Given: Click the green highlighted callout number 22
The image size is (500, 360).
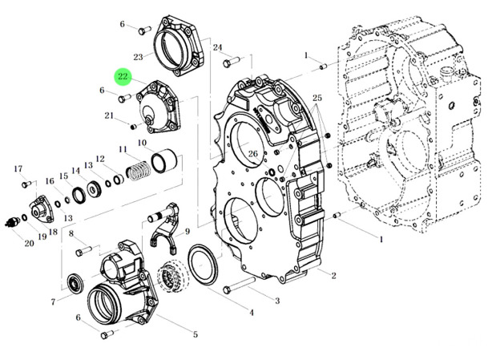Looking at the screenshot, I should click(123, 76).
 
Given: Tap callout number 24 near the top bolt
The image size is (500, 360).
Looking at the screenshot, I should click(217, 48).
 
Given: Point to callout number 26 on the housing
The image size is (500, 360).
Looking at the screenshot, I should click(253, 155).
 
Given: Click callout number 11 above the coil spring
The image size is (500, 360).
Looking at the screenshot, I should click(123, 149).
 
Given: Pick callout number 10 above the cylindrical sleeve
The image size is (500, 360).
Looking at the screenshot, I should click(141, 144).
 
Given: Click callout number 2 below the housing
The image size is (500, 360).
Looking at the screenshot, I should click(333, 275).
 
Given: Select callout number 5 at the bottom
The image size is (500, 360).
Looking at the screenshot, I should click(195, 333).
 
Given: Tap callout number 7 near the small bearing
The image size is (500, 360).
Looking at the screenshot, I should click(53, 302).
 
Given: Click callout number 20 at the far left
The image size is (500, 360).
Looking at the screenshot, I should click(29, 243).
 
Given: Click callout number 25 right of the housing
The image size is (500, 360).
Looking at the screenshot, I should click(317, 98).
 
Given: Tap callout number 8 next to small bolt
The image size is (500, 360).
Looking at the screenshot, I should click(71, 233).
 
